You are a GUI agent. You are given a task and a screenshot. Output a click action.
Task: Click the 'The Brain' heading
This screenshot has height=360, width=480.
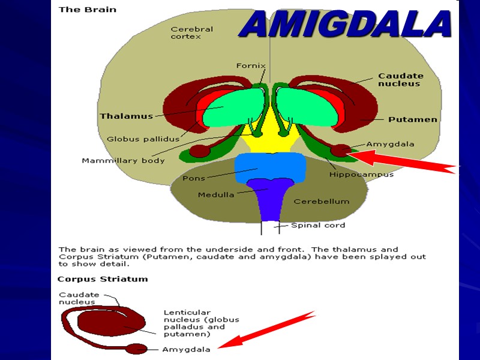click(87, 10)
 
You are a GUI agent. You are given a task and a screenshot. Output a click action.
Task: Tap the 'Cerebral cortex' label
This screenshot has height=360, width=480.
click(191, 32)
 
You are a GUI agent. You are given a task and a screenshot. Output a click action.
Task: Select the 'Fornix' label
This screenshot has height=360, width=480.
click(251, 66)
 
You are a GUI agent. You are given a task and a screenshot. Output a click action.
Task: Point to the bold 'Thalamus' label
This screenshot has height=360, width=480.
click(126, 116)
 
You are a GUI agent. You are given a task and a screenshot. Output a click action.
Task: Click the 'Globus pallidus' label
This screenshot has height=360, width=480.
click(139, 139)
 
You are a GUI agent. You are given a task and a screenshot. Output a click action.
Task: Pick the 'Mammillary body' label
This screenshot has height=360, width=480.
click(123, 160)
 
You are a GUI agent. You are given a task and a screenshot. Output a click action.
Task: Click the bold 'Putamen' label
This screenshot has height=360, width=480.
click(412, 119)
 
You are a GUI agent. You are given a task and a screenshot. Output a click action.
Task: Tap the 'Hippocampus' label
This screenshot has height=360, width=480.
click(361, 175)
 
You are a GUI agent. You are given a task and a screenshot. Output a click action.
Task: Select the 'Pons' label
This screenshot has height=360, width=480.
click(194, 178)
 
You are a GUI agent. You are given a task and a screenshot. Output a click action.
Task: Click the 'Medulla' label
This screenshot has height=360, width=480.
click(216, 194)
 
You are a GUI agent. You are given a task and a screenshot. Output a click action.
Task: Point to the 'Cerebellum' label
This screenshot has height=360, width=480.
click(321, 202)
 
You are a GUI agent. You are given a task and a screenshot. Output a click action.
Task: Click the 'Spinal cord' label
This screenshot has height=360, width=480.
click(318, 226)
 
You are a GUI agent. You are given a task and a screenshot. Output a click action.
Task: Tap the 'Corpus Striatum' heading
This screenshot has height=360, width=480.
click(102, 279)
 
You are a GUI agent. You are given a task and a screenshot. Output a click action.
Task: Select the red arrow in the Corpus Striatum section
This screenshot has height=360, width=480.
click(267, 330)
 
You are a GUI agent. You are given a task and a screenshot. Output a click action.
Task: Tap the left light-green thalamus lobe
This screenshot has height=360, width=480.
click(234, 108)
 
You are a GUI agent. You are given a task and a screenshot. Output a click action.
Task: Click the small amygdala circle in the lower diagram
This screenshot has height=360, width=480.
click(136, 349)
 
